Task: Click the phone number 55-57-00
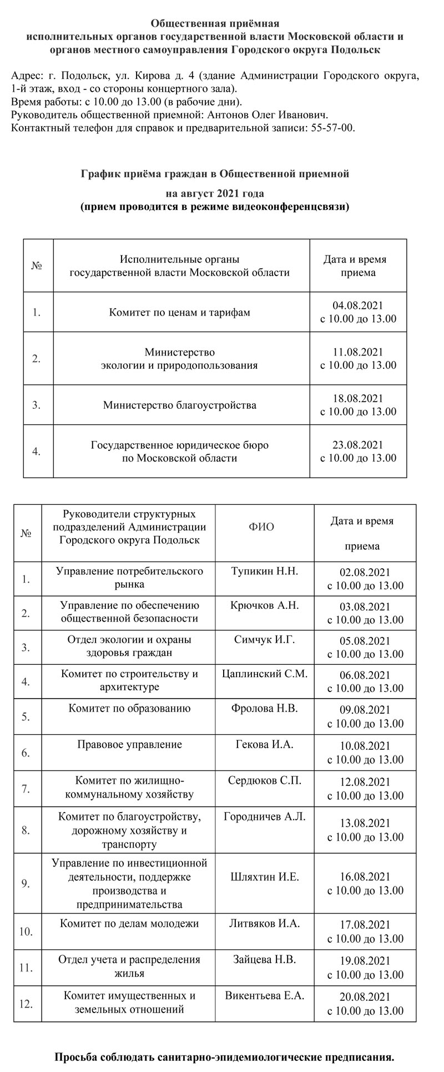[333, 128]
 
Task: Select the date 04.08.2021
[358, 305]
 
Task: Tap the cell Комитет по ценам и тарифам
[179, 312]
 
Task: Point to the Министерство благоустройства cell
[179, 405]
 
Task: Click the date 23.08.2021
[358, 445]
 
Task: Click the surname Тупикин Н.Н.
[264, 571]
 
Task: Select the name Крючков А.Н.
[264, 605]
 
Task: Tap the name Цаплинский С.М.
[264, 674]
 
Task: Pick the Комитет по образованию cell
[129, 708]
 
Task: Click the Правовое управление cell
[129, 744]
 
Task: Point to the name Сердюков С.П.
[264, 780]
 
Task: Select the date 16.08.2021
[365, 877]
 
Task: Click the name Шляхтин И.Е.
[264, 877]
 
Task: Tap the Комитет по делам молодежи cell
[129, 924]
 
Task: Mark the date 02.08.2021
[365, 573]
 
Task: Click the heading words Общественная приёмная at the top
[215, 23]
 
